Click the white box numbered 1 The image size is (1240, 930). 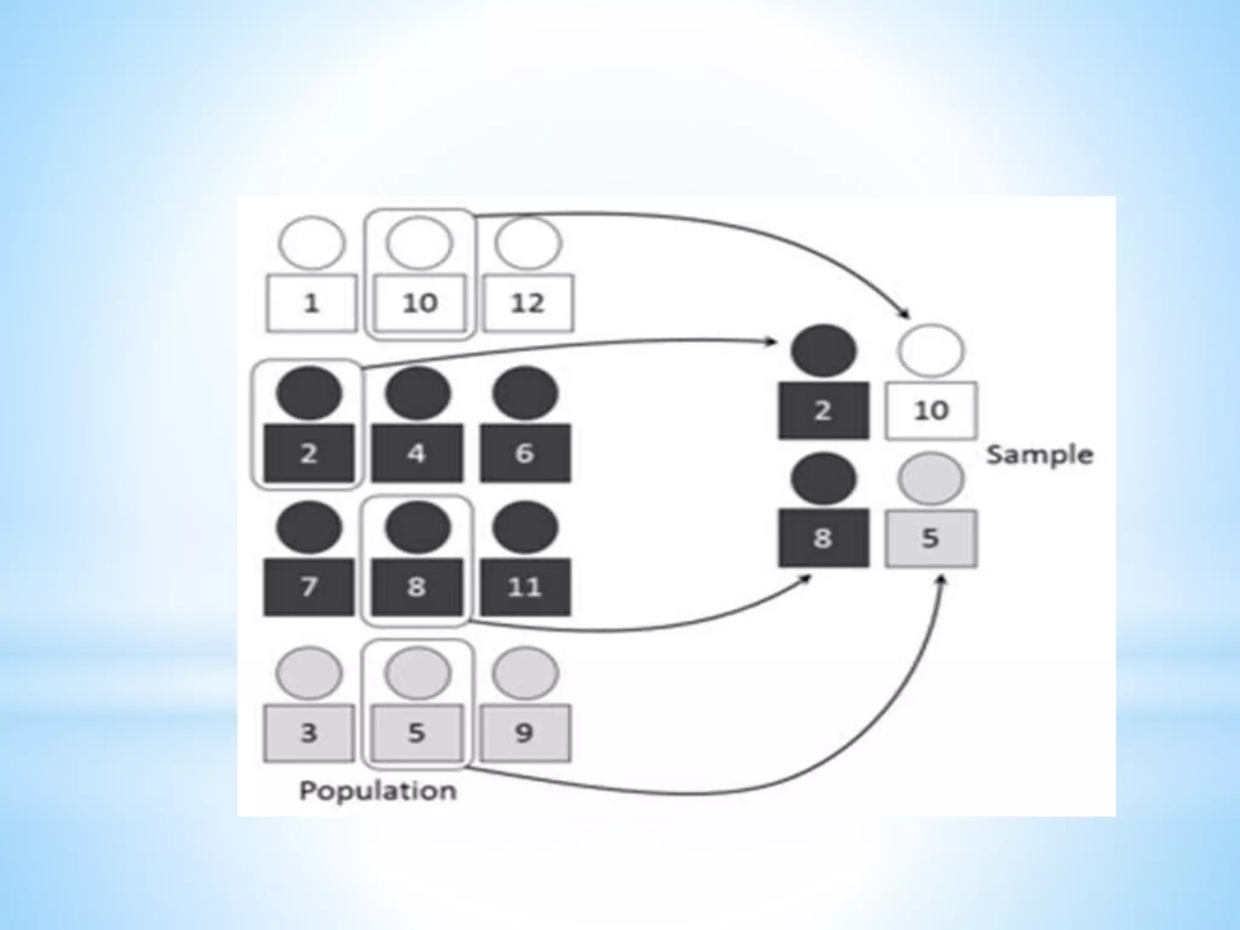[311, 303]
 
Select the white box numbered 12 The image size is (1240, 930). [527, 303]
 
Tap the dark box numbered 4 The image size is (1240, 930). [417, 453]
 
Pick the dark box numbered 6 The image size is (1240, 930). [525, 453]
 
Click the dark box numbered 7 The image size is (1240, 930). [309, 587]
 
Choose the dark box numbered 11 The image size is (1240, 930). [525, 587]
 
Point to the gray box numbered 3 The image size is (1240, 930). [309, 733]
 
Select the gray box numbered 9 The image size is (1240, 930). [525, 733]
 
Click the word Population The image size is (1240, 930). [378, 791]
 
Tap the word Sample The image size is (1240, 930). [1040, 455]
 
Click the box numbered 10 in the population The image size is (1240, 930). [420, 303]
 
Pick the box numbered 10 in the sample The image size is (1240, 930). [931, 411]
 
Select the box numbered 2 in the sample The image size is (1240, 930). [823, 411]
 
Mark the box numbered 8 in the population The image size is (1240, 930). [417, 587]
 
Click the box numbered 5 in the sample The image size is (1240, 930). [931, 538]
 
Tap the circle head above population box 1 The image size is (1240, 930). [312, 243]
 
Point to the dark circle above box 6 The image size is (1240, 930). [525, 394]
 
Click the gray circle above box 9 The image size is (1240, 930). [525, 673]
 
